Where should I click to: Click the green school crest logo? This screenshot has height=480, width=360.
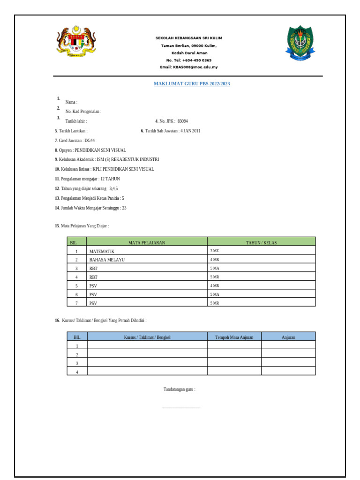coord(298,44)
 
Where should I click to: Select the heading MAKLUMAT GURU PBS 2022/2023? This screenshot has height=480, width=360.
coord(192,84)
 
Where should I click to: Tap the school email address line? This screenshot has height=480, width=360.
coord(189,67)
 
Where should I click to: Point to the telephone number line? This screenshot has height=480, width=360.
coord(189,60)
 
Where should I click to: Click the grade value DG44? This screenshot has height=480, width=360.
coord(90,140)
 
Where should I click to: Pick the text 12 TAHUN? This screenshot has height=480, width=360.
coord(110,179)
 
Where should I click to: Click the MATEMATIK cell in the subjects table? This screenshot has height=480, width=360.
coord(102,251)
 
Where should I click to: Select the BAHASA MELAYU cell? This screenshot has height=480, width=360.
coord(107,260)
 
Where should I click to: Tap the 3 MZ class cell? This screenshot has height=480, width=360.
coord(215,251)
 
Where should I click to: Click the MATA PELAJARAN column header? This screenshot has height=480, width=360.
coord(147,242)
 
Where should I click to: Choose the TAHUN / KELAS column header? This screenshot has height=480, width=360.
coord(261,242)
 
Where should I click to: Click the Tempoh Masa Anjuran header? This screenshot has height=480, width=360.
coord(234,337)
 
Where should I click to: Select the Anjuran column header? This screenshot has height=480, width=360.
coord(288,337)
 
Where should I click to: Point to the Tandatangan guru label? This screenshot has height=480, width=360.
coord(179,389)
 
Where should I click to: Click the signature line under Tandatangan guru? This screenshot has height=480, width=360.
coord(180,408)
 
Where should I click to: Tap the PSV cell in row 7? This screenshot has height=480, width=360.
coord(93,303)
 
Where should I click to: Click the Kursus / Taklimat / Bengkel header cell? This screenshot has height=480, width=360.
coord(147,337)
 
